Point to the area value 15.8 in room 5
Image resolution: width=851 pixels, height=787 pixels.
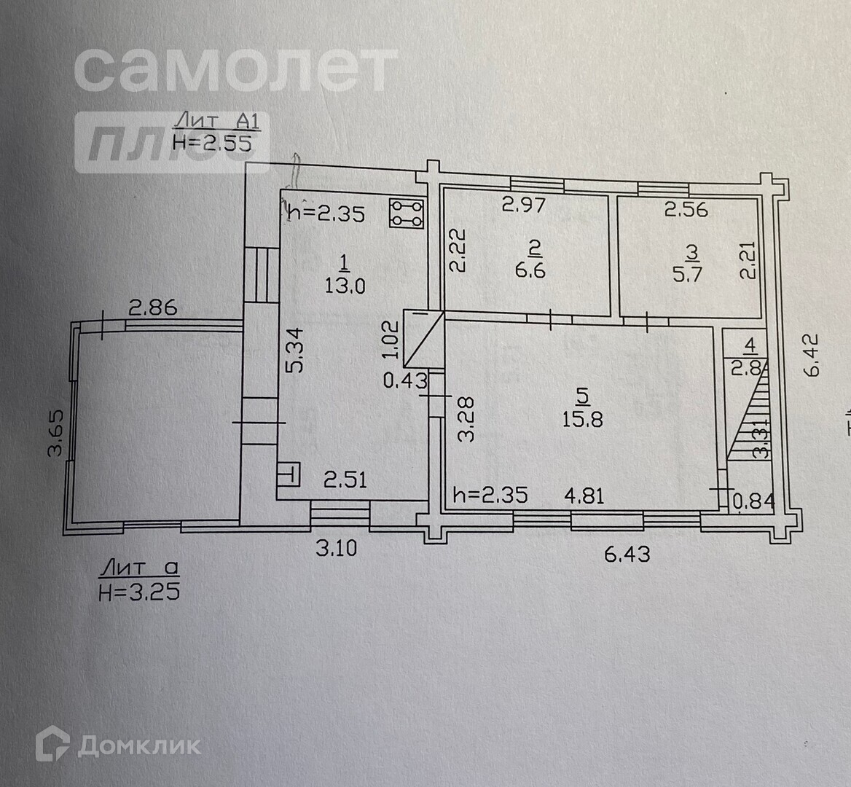(582, 419)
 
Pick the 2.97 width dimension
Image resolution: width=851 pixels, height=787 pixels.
(523, 205)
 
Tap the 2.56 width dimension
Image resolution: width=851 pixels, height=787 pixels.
(686, 209)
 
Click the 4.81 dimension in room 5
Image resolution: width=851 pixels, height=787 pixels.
(584, 496)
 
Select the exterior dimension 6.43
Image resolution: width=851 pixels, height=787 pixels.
(627, 553)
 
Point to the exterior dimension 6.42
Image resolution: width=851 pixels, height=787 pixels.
(812, 355)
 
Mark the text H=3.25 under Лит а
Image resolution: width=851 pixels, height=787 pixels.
(138, 591)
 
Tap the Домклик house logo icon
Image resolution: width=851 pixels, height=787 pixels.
(53, 745)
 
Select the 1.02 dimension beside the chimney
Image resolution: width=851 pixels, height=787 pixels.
(391, 340)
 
